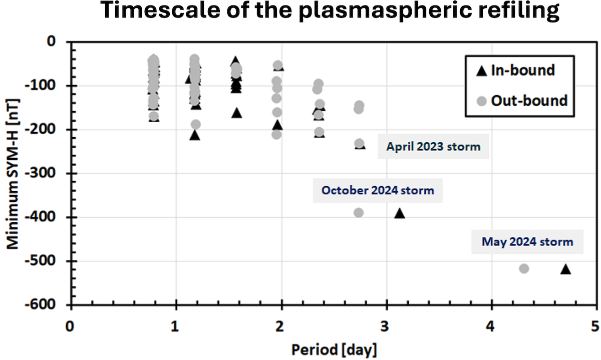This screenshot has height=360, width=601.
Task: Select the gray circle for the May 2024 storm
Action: (x=524, y=269)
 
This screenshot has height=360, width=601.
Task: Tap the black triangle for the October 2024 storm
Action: (x=399, y=213)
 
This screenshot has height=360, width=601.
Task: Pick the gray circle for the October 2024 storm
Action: (x=359, y=213)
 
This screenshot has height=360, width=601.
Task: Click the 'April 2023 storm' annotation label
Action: (x=433, y=147)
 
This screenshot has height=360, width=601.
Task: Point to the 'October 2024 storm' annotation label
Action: (x=378, y=191)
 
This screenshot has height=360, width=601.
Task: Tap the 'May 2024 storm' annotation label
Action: (x=527, y=242)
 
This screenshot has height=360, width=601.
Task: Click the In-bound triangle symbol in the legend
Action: (x=481, y=71)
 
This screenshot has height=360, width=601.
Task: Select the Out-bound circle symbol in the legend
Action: (x=481, y=101)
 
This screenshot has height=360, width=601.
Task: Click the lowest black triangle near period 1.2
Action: (x=195, y=135)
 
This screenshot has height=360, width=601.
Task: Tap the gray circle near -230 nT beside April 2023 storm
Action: (x=360, y=144)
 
